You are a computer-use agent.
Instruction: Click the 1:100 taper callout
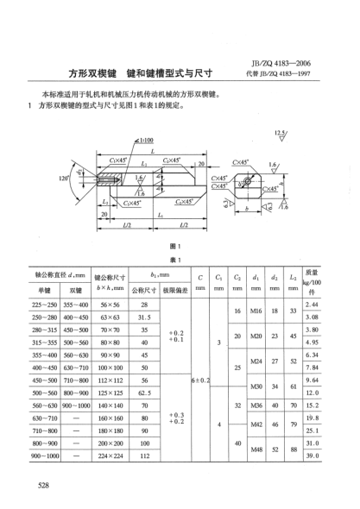coord(137,138)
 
